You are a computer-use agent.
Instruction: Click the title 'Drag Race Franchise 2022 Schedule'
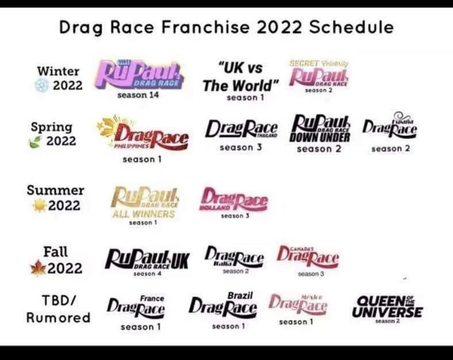(x=226, y=28)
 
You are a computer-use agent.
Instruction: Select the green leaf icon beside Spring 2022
(x=37, y=142)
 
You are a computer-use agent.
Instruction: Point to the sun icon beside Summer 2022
(x=40, y=206)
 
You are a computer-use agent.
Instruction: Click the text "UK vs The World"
(x=241, y=77)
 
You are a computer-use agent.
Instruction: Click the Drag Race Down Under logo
(x=322, y=128)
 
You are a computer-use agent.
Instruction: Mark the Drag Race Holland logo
(x=233, y=200)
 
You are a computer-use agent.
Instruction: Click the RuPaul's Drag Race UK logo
(x=147, y=259)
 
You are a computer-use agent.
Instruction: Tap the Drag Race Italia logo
(x=233, y=257)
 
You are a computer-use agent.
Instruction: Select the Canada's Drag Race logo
(x=308, y=257)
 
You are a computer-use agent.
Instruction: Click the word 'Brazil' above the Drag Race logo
(x=240, y=296)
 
